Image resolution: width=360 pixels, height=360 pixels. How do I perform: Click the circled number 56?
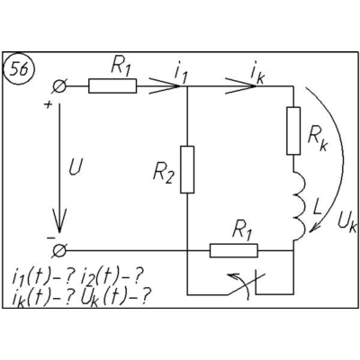19,69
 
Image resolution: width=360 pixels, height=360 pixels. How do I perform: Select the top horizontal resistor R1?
112,86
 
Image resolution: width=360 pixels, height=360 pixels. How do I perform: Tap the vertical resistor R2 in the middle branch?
187,169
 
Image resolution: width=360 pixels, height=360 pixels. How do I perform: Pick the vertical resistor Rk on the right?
293,130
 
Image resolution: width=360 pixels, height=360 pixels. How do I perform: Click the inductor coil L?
299,205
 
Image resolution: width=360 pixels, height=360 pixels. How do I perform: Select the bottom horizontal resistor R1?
234,250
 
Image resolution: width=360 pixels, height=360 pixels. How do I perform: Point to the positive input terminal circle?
59,86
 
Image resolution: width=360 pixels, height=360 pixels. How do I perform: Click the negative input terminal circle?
59,250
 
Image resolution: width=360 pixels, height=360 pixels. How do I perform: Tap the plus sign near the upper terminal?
48,104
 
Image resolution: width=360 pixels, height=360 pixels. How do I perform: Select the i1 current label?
181,74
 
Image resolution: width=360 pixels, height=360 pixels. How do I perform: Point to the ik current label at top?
257,75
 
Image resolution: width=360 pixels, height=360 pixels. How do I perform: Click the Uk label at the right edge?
346,223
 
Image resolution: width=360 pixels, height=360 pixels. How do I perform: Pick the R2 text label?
163,173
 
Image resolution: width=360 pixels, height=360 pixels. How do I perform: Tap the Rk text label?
318,140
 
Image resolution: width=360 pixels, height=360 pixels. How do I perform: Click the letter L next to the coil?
317,208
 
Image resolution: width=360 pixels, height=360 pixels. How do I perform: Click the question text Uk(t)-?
115,296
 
